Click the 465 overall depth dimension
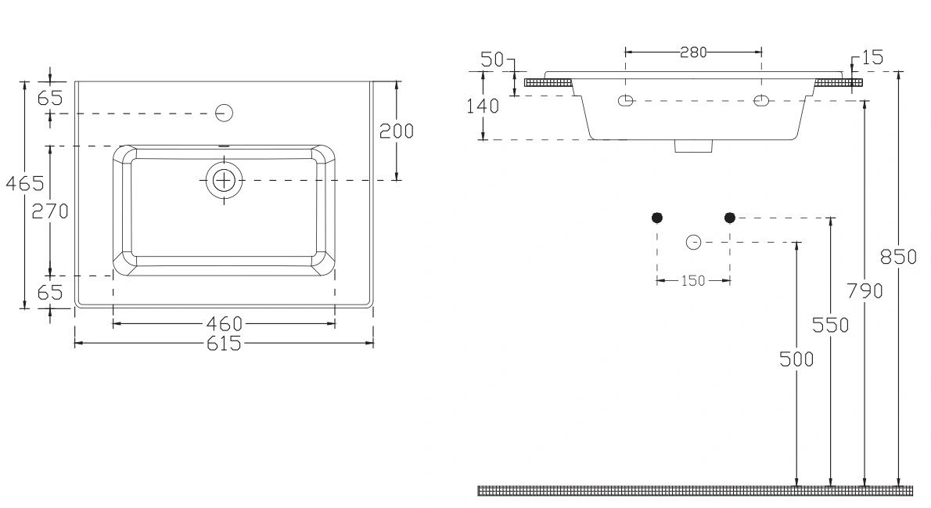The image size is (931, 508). coord(25,184)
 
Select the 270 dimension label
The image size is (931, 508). coord(50,211)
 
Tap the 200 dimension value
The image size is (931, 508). coord(397,131)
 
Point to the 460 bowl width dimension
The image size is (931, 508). coord(225,324)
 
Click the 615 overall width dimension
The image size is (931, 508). coord(225,344)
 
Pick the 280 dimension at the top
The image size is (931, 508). coord(693,52)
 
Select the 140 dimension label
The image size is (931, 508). coord(483,106)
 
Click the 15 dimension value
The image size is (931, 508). coord(872,58)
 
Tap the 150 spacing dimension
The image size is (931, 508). coord(693,280)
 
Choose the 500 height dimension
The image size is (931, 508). coord(796,358)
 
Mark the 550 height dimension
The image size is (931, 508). coord(830,325)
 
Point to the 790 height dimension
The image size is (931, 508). coord(864,291)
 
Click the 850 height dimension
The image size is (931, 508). coord(898,257)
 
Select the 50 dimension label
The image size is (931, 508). coord(492,59)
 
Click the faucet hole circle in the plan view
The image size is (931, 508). coord(224,113)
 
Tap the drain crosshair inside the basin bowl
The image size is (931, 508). coord(225,180)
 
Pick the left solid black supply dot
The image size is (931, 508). coord(656,218)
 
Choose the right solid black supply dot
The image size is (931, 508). coord(730,218)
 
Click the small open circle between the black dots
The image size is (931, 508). coord(693,243)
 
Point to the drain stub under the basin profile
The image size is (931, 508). coord(693,146)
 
